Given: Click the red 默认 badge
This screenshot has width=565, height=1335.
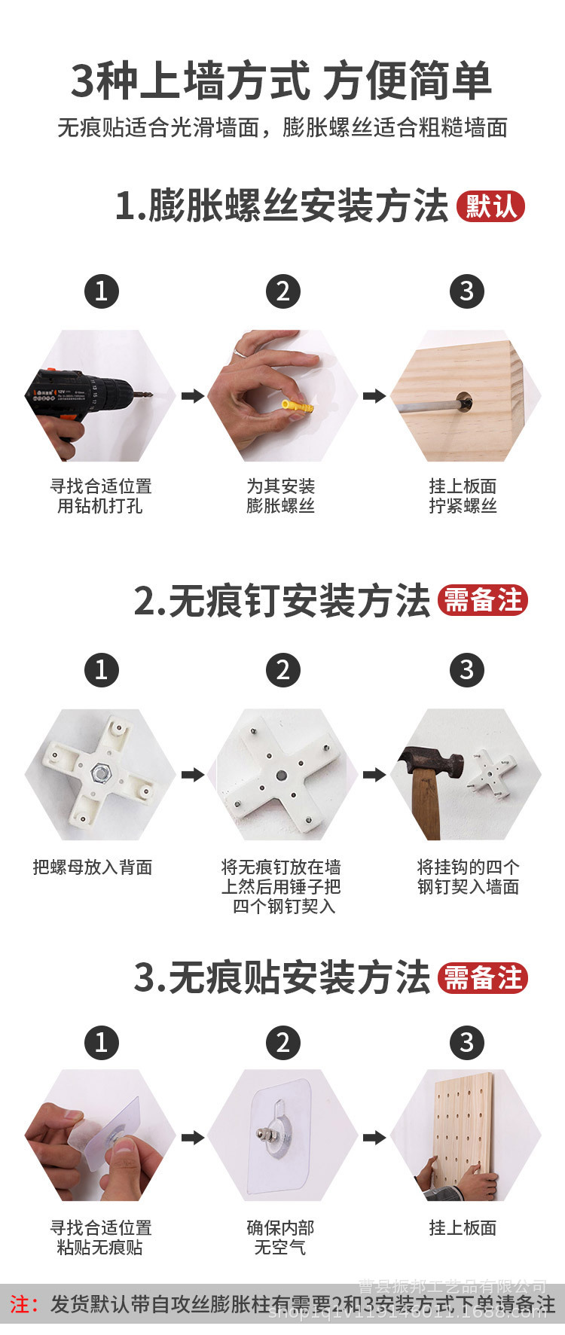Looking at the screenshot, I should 490,206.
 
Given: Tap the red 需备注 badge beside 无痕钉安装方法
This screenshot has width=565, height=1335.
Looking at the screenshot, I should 483,601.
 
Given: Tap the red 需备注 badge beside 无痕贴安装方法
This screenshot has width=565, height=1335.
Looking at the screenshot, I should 483,978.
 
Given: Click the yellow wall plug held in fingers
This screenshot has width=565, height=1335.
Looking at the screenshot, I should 297,406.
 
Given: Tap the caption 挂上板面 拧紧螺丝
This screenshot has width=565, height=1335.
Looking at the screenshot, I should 463,495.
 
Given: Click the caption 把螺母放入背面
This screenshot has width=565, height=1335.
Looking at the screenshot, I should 93,867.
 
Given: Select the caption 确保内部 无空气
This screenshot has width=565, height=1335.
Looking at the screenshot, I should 280,1237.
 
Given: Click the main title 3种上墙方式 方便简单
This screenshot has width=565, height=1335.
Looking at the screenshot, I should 282,81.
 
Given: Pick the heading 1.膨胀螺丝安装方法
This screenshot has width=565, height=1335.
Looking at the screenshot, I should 281,206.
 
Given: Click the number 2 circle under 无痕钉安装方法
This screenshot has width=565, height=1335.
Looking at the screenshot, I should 283,669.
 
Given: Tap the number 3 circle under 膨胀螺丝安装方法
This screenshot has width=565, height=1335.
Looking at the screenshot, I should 466,291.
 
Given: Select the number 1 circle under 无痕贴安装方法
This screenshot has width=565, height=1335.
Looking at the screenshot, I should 102,1043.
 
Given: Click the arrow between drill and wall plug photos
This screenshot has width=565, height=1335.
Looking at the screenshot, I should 192,396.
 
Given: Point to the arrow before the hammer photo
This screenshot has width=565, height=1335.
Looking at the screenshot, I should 374,774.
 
